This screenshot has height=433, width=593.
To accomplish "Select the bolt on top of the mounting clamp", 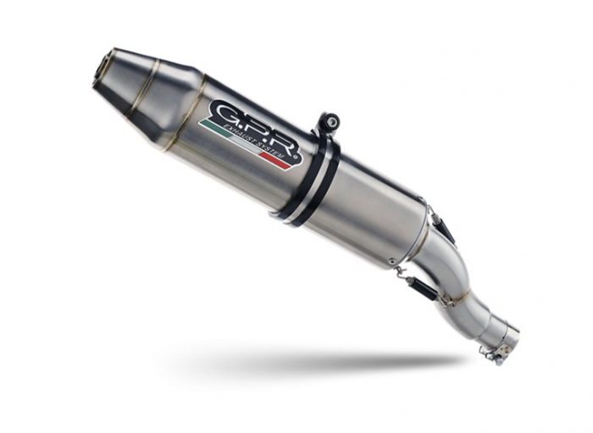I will (331, 122).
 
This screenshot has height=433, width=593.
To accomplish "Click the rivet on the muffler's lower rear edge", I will (392, 261).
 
